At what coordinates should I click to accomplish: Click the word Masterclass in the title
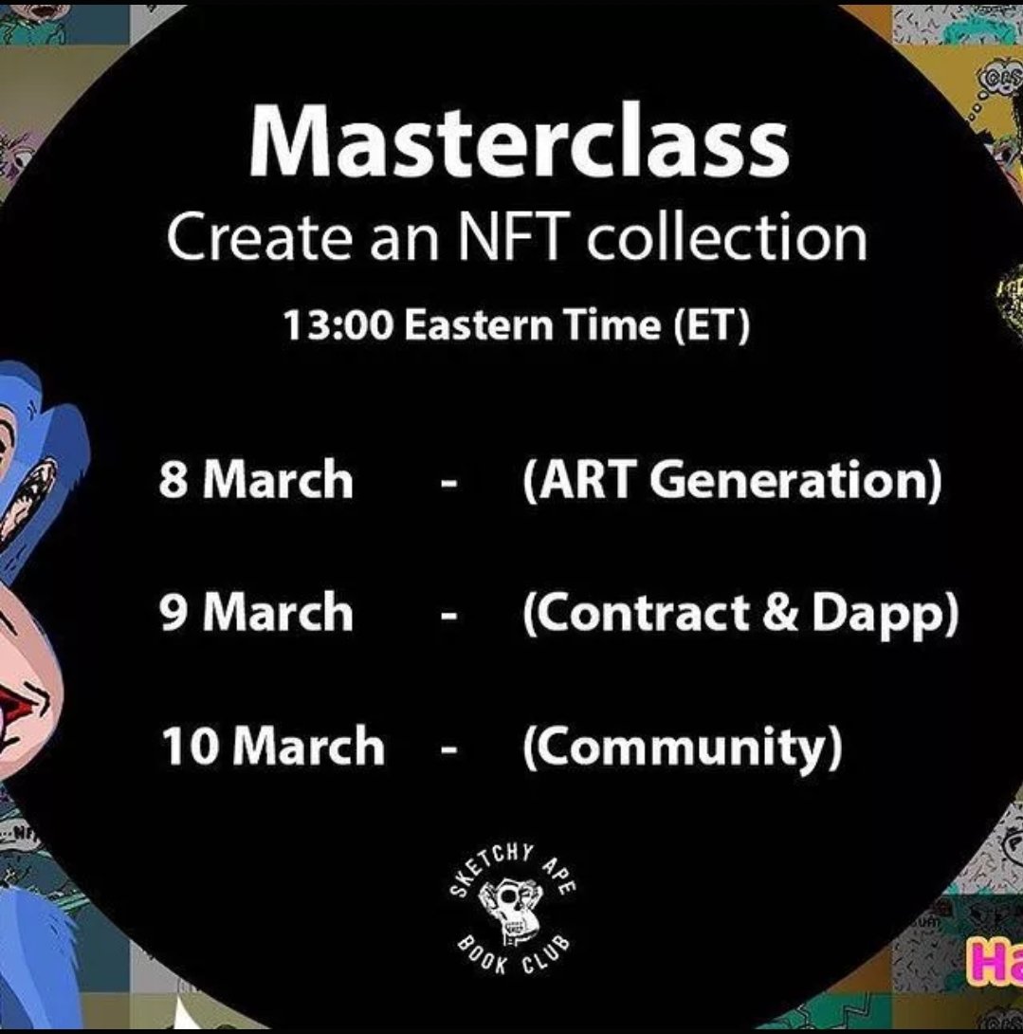pyautogui.click(x=519, y=144)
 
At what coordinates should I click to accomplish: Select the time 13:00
pyautogui.click(x=338, y=325)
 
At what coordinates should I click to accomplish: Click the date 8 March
pyautogui.click(x=256, y=480)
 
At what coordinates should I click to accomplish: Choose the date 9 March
pyautogui.click(x=256, y=613)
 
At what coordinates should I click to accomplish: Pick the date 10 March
pyautogui.click(x=272, y=746)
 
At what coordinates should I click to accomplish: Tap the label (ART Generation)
pyautogui.click(x=732, y=482)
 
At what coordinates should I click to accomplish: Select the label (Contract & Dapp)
pyautogui.click(x=740, y=615)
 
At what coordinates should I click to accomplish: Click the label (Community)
pyautogui.click(x=682, y=748)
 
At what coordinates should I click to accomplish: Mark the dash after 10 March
pyautogui.click(x=450, y=749)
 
